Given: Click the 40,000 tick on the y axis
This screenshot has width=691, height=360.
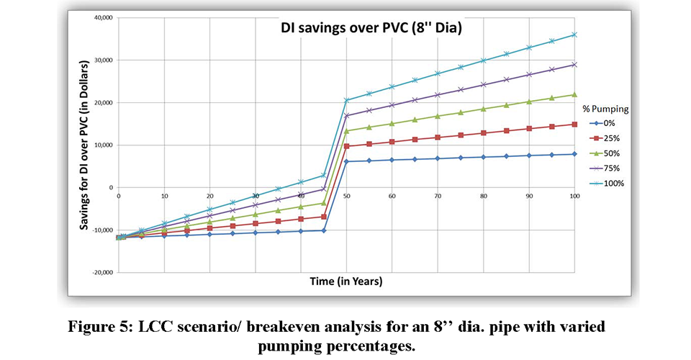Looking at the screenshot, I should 101,17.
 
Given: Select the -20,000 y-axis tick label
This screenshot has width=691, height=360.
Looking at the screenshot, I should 100,273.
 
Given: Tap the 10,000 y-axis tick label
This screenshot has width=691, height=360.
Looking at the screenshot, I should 101,145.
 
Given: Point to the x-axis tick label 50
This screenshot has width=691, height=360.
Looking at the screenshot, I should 347,196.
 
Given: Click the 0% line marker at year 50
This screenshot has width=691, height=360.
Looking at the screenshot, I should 347,161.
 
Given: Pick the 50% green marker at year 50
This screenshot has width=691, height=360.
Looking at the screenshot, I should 347,131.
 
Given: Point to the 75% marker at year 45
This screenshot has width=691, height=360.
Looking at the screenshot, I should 324,189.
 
